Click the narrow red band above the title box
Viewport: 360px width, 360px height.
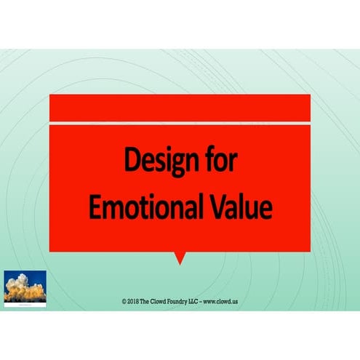180,108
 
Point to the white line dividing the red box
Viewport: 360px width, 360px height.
180,122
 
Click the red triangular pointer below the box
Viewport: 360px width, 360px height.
180,257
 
